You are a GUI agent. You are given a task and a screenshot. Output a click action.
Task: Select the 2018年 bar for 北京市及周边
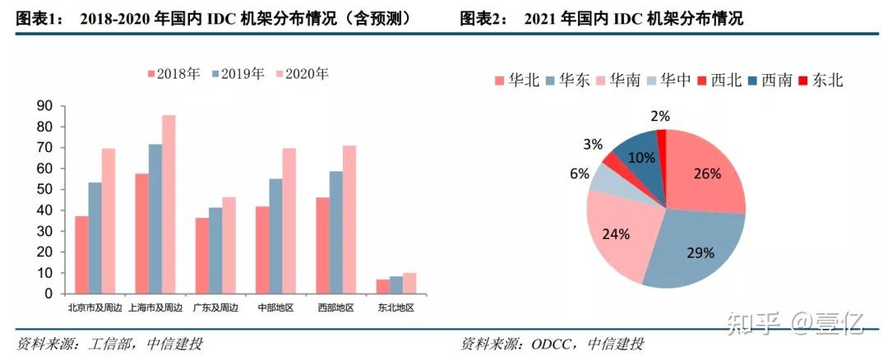click(x=81, y=254)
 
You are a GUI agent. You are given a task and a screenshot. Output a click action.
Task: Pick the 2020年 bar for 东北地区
click(x=409, y=283)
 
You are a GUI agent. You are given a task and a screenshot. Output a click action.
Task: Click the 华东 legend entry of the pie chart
click(x=567, y=80)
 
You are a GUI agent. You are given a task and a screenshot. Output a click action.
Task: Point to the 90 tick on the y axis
click(x=44, y=106)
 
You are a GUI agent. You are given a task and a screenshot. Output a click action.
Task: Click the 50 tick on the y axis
click(x=44, y=189)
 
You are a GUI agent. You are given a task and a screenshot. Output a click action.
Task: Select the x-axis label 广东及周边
click(x=215, y=308)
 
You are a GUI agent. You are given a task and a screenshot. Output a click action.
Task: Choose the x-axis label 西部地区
click(x=335, y=308)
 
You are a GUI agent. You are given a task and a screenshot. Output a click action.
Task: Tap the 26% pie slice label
click(x=706, y=173)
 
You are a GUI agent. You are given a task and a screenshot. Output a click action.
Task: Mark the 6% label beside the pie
click(x=579, y=173)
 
